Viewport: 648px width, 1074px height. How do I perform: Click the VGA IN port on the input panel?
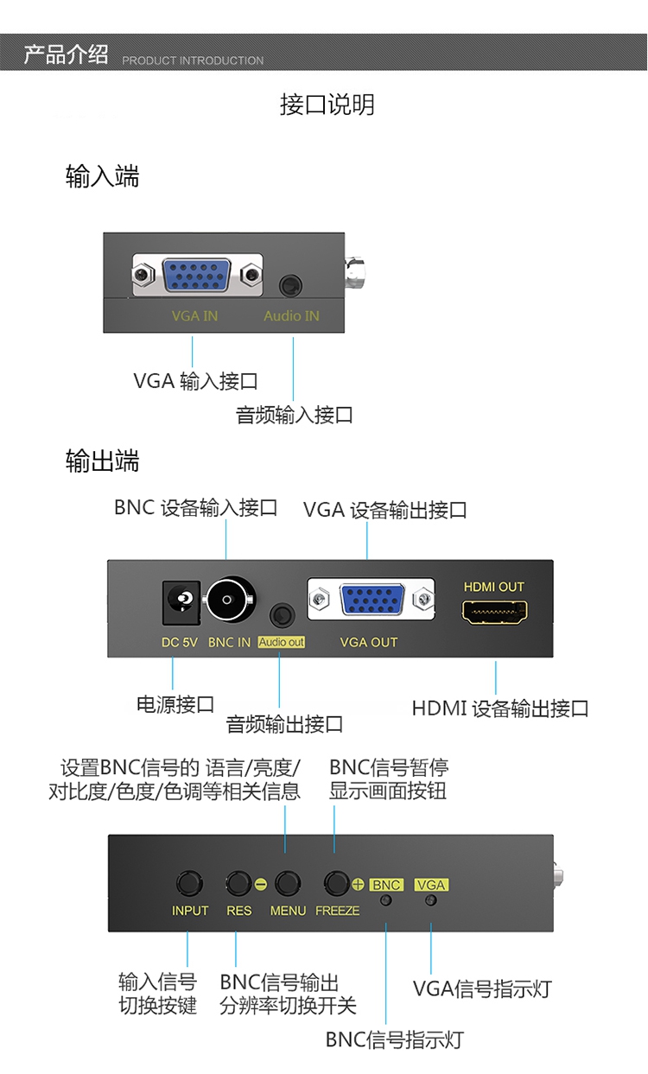[x=197, y=276]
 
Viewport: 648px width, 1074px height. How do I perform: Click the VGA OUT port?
[x=371, y=599]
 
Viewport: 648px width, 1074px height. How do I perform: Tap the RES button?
[x=238, y=883]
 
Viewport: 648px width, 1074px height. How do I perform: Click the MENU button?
[x=287, y=883]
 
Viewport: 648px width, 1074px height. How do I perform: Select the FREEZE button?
[x=336, y=883]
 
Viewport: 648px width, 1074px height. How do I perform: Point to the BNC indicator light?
[x=386, y=900]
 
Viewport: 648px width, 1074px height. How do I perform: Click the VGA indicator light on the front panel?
[x=430, y=900]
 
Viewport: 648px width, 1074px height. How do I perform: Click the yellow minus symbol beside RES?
[x=260, y=884]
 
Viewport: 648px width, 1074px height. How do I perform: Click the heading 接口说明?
[x=327, y=105]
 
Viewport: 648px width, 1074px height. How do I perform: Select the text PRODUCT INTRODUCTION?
[x=193, y=60]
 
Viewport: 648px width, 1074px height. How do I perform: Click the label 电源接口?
[x=175, y=704]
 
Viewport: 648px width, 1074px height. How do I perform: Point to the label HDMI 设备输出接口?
[x=500, y=709]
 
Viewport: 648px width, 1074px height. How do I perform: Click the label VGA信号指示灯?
[x=482, y=988]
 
